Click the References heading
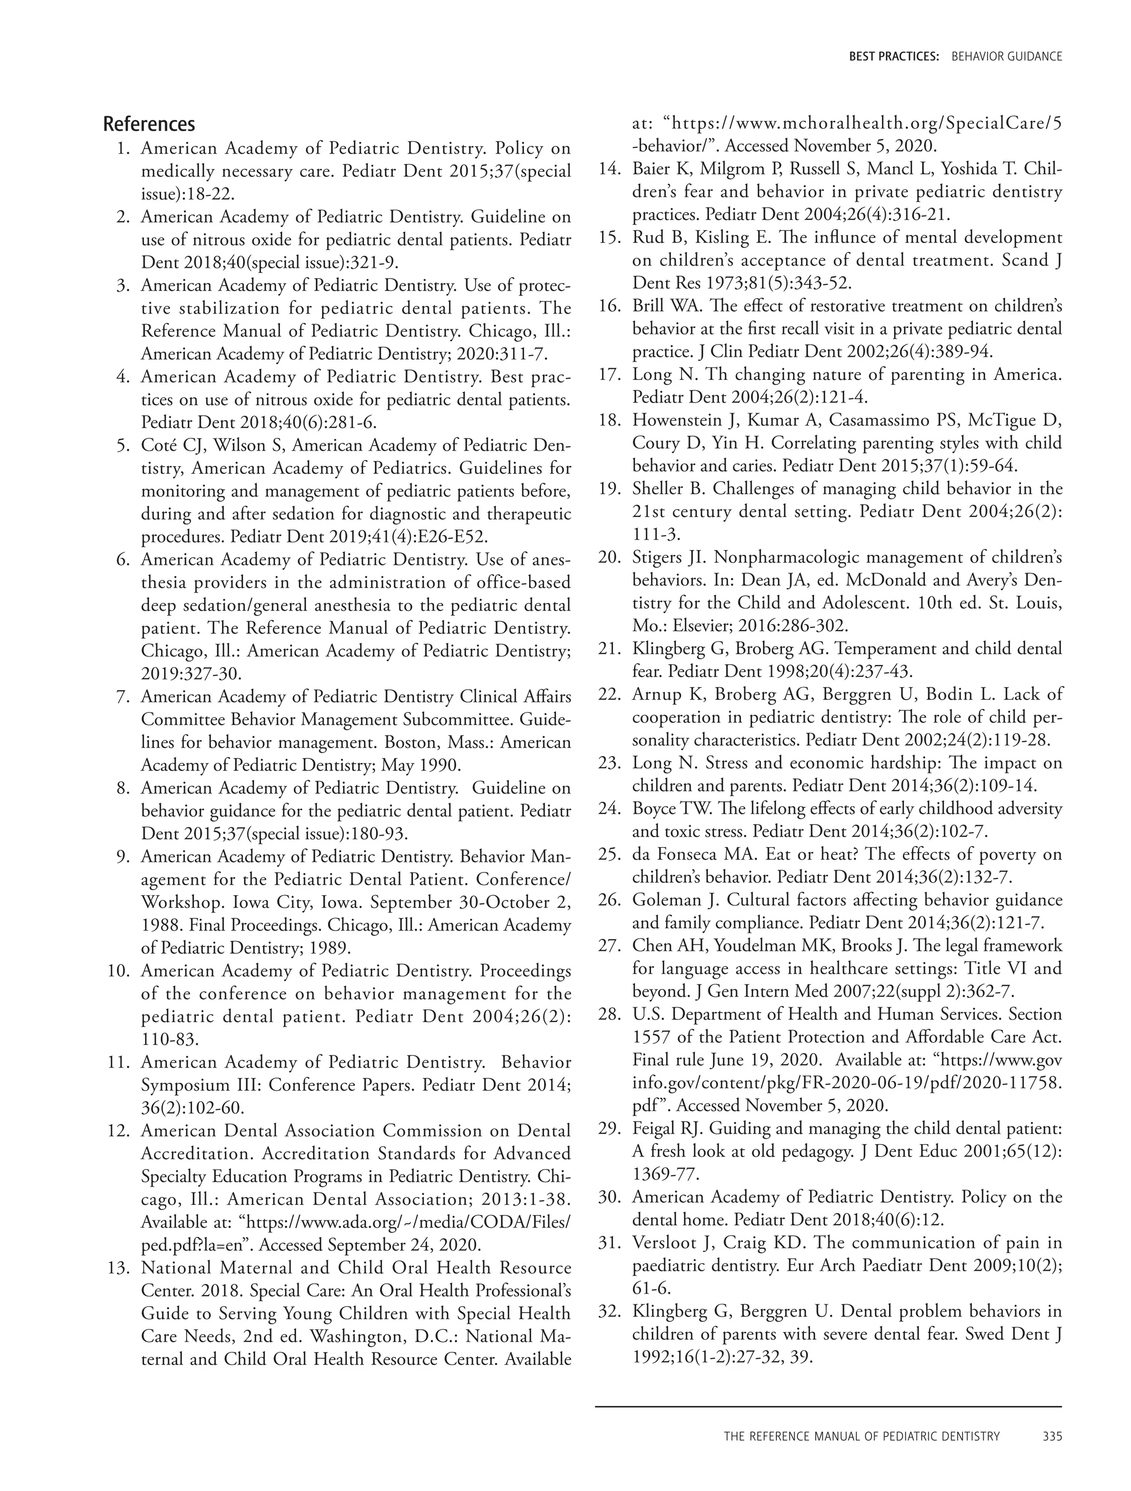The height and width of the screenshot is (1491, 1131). click(x=149, y=124)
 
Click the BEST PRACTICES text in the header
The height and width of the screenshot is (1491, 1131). click(x=894, y=57)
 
